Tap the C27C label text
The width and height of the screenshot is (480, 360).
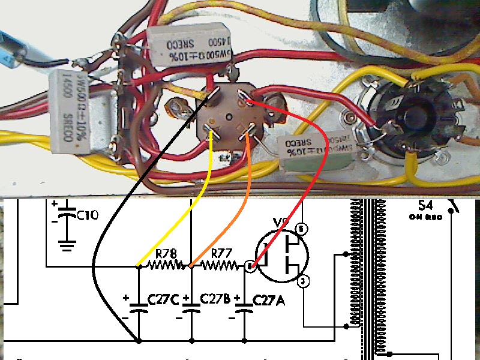(x=158, y=299)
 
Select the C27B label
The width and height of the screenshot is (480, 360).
(x=212, y=299)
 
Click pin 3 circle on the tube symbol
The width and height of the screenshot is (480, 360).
(x=304, y=280)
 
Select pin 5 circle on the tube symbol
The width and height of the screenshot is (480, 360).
(x=302, y=228)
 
